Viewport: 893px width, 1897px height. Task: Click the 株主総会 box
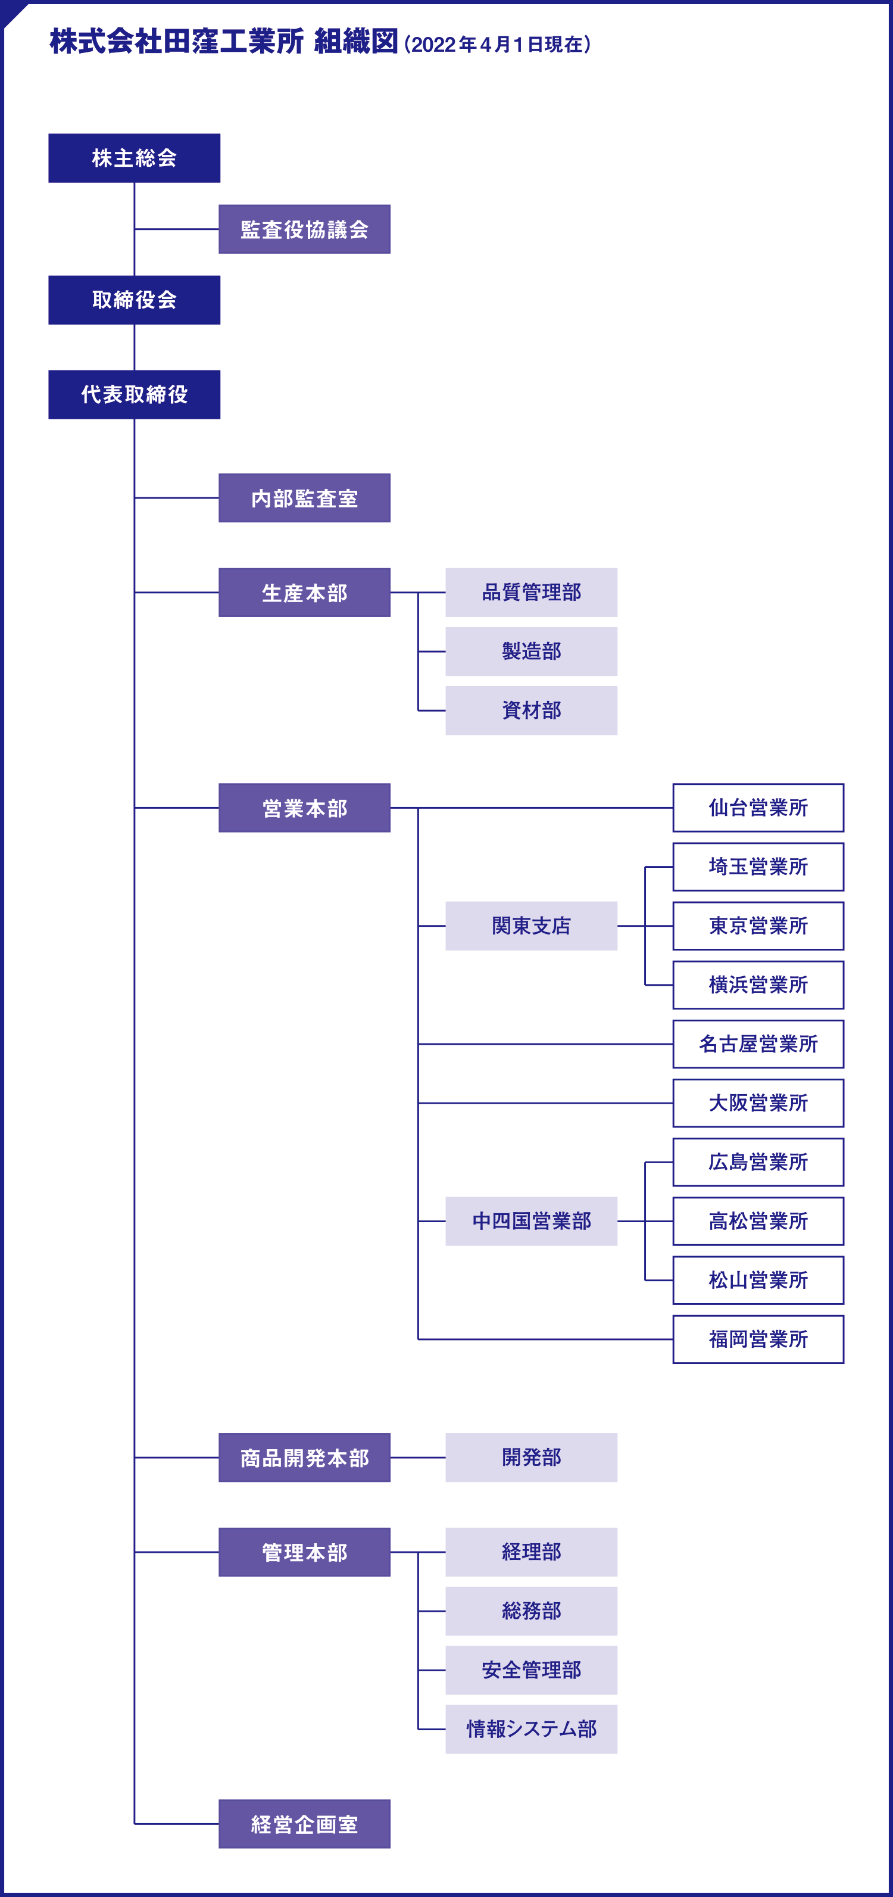tap(134, 158)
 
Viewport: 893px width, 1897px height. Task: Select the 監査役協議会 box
tap(304, 229)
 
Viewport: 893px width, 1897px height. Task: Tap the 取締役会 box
tap(134, 300)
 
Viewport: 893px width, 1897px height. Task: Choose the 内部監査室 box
tap(304, 498)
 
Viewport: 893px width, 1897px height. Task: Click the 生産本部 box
tap(304, 592)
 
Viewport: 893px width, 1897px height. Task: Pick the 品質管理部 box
tap(531, 592)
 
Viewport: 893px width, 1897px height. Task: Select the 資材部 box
tap(531, 711)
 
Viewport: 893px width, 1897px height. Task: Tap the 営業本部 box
tap(304, 808)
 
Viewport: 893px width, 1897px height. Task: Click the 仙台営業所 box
tap(758, 808)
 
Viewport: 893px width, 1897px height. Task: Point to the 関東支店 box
tap(531, 926)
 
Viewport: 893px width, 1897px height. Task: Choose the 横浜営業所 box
tap(758, 985)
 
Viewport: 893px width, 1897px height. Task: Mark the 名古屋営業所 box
tap(758, 1044)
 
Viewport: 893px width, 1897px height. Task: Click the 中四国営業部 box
tap(531, 1221)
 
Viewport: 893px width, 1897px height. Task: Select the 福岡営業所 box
tap(758, 1340)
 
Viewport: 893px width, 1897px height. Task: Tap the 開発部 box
tap(531, 1457)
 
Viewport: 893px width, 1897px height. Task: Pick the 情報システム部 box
tap(531, 1729)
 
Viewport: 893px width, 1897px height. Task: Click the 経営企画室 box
tap(304, 1824)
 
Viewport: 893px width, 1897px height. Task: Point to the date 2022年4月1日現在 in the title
tap(497, 45)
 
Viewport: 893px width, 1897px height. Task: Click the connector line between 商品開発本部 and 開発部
tap(417, 1457)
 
